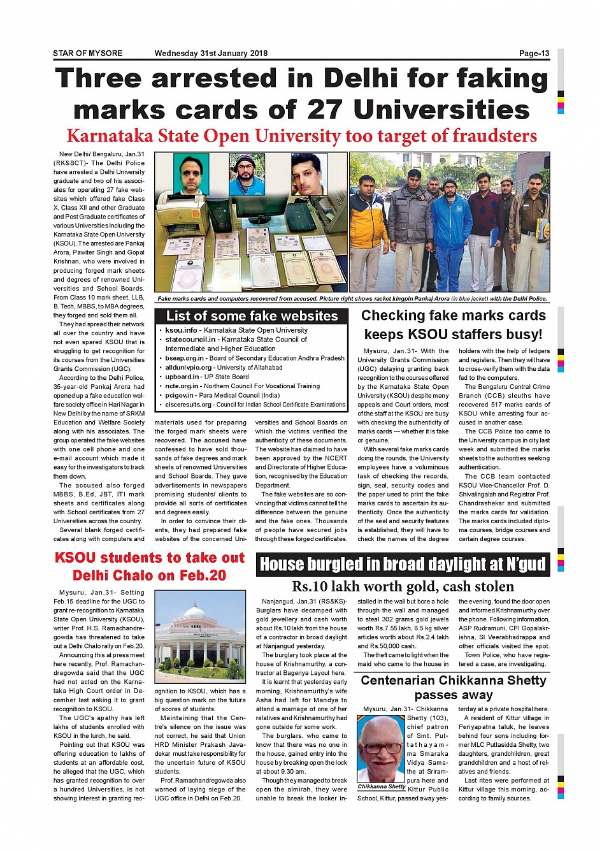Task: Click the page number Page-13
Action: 534,54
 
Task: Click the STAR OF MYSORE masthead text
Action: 87,54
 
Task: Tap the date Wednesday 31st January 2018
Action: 211,54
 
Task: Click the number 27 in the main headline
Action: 326,110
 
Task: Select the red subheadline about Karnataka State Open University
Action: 301,136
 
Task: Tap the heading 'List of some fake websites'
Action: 252,316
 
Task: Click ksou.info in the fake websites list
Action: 181,330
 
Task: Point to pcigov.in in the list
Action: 180,395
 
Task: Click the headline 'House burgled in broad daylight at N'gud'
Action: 403,565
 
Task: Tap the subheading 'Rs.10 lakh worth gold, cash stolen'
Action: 403,586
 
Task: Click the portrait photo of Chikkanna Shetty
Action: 381,749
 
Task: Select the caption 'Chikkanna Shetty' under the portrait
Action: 382,786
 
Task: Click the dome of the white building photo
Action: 200,612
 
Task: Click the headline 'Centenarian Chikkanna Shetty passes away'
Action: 453,687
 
